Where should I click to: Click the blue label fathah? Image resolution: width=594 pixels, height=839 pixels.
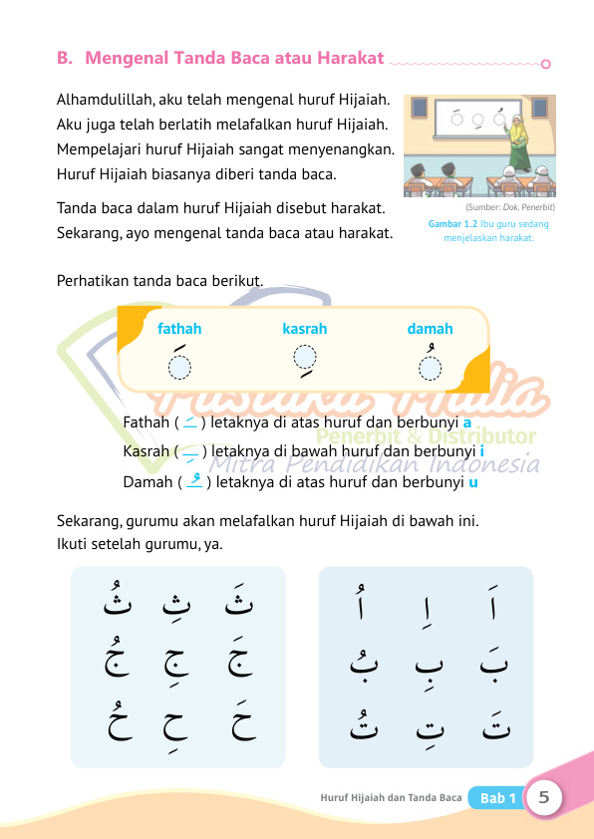click(179, 329)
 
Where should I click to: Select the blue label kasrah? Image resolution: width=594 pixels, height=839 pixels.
click(305, 329)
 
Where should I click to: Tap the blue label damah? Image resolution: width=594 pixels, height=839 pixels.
click(430, 329)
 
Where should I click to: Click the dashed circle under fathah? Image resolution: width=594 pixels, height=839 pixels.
click(178, 370)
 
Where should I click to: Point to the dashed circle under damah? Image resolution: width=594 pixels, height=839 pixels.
click(430, 370)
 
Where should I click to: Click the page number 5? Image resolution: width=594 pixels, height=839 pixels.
click(544, 797)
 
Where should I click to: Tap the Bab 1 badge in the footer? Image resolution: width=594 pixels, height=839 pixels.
click(497, 798)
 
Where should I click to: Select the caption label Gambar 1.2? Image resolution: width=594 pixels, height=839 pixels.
click(449, 225)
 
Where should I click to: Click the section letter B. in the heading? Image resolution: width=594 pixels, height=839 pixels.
click(66, 58)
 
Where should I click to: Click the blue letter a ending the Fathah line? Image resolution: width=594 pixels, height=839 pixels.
click(467, 422)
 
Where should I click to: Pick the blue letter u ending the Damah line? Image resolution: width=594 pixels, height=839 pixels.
click(472, 482)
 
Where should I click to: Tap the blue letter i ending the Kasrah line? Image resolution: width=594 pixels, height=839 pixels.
click(482, 452)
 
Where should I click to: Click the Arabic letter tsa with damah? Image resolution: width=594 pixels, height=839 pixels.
click(113, 602)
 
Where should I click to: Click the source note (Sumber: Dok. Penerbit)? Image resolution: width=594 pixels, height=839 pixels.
click(509, 207)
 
